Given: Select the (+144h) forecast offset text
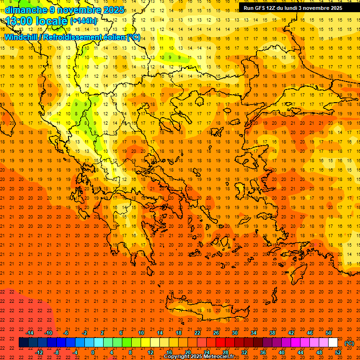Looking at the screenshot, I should pyautogui.click(x=83, y=21).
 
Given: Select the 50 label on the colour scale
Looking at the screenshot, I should pyautogui.click(x=329, y=333).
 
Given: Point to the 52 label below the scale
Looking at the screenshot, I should pyautogui.click(x=338, y=352).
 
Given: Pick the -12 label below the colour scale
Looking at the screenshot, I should pyautogui.click(x=39, y=352).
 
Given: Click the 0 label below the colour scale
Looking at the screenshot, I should pyautogui.click(x=93, y=352).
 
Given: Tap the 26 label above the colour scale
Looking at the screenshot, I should pyautogui.click(x=216, y=333).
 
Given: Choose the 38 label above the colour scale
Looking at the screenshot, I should pyautogui.click(x=272, y=333).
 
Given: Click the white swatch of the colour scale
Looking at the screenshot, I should pyautogui.click(x=333, y=343).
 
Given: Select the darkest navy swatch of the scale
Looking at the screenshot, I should pyautogui.click(x=23, y=343).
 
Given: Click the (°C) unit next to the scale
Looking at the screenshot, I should pyautogui.click(x=349, y=343).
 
